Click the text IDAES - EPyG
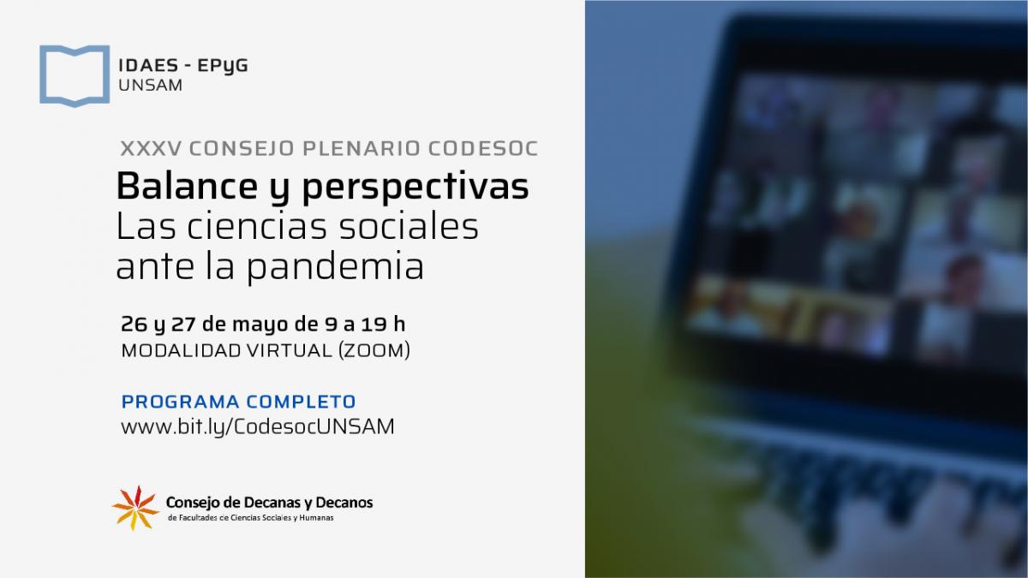[183, 66]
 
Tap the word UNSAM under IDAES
[151, 86]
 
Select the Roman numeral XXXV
[151, 149]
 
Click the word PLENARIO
[362, 149]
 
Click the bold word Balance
[187, 186]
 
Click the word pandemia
[336, 266]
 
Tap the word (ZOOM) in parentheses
[374, 350]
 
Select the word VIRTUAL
[290, 350]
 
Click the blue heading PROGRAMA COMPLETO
[239, 402]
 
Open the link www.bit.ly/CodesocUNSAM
[258, 427]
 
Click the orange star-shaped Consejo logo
[135, 508]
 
